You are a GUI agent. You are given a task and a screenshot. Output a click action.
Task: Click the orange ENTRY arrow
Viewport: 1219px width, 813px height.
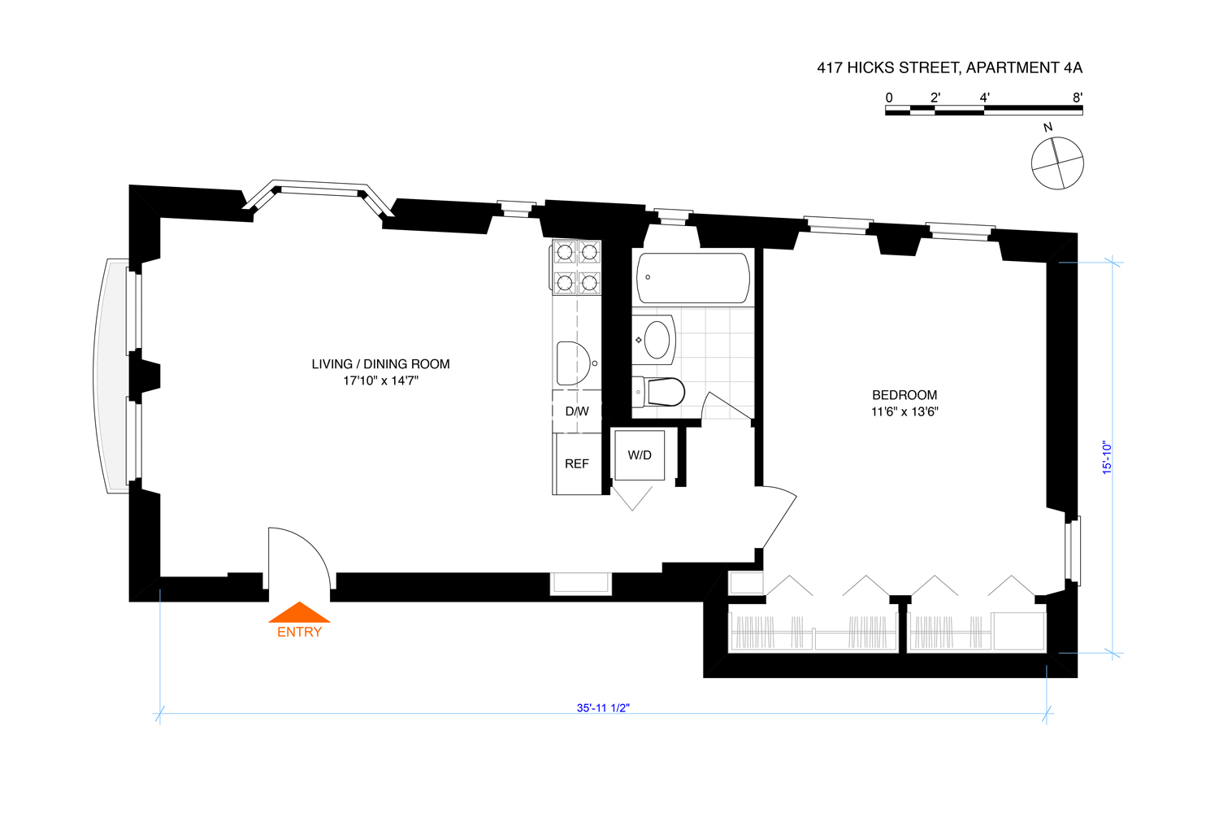tap(299, 612)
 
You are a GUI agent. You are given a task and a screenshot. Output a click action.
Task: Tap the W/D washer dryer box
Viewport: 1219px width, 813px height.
tap(640, 455)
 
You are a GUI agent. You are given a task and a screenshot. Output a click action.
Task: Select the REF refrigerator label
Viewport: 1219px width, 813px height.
tap(577, 463)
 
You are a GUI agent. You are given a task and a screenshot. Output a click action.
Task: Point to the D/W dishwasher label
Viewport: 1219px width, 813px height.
tap(577, 411)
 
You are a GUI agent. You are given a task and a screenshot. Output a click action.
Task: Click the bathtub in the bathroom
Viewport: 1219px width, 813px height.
tap(693, 278)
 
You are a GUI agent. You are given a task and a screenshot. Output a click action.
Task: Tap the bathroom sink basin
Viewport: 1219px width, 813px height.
tap(657, 339)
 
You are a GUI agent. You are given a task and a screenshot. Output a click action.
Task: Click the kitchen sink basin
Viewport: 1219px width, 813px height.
tap(573, 363)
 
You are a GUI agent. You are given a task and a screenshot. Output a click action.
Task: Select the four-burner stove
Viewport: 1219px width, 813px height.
tap(577, 267)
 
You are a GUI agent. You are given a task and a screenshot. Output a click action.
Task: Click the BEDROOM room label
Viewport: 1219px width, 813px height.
tap(904, 395)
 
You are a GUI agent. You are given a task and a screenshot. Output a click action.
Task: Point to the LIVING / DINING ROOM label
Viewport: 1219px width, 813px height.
tap(380, 364)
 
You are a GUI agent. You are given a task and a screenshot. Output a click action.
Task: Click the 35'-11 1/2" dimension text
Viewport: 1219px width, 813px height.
tap(603, 708)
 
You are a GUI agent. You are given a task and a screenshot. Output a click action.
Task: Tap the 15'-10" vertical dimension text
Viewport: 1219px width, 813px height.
tap(1107, 458)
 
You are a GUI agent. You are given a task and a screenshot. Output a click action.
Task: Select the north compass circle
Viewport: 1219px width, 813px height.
tap(1057, 163)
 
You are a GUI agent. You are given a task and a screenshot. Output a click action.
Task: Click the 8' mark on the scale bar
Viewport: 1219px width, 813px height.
tap(1078, 98)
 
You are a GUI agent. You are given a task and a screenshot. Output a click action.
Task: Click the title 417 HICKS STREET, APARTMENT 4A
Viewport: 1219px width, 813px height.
tap(949, 68)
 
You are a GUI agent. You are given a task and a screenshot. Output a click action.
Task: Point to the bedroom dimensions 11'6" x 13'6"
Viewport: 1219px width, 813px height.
tap(904, 411)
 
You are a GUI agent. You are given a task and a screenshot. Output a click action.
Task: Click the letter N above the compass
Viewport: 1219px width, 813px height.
tap(1048, 128)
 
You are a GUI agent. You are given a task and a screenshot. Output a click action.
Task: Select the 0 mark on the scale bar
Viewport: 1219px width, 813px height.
tap(889, 98)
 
